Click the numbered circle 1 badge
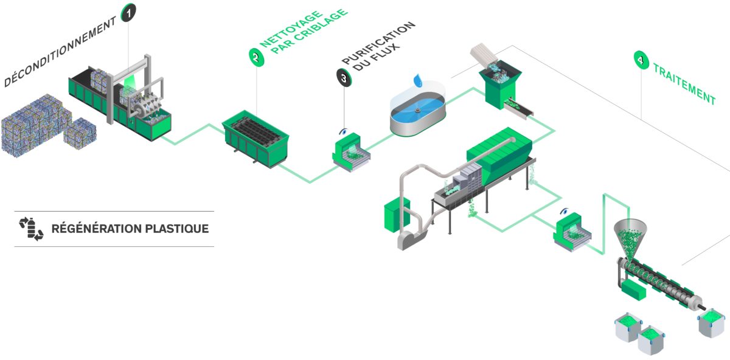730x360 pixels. click(x=128, y=12)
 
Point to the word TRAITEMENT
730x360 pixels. click(x=684, y=85)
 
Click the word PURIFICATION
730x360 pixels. click(x=377, y=43)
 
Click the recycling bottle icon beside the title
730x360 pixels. click(x=31, y=228)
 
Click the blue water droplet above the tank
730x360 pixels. click(x=418, y=80)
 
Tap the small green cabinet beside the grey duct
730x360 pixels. click(x=393, y=214)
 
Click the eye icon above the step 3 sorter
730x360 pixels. click(x=344, y=131)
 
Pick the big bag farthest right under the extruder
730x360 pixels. click(x=711, y=322)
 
